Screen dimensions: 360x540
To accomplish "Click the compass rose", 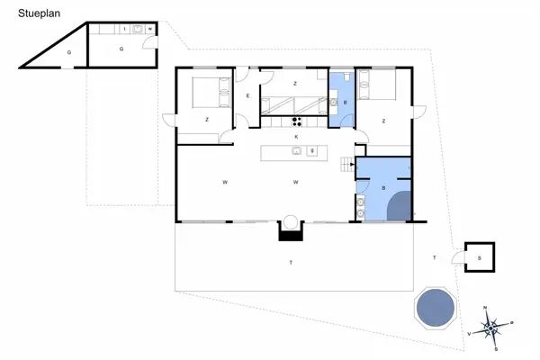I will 491,327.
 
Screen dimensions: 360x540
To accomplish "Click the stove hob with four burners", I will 296,121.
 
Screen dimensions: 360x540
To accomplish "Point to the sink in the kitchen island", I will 295,151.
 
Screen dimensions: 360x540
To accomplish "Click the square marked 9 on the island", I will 311,151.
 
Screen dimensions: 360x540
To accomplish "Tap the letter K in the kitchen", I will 295,136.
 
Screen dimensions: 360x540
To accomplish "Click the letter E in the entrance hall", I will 247,96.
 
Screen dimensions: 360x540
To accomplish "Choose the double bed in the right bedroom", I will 376,88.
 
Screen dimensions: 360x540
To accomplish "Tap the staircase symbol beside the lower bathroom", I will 346,164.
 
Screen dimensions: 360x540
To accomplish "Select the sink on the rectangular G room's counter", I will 138,29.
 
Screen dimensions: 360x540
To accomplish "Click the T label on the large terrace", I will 290,262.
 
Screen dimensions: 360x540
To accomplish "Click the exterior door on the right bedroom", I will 418,112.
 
